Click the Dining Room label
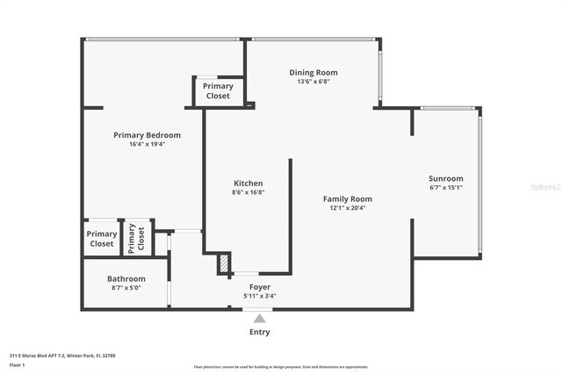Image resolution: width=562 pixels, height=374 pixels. (x=313, y=73)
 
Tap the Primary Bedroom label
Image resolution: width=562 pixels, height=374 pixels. (x=147, y=135)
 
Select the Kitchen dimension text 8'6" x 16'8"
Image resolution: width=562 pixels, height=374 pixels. (x=248, y=192)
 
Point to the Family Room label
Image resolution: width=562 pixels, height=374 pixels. (x=348, y=199)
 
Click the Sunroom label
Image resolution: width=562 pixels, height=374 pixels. (x=445, y=178)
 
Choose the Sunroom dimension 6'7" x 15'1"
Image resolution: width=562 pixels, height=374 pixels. (x=445, y=187)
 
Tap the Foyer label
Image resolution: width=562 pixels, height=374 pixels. (x=259, y=287)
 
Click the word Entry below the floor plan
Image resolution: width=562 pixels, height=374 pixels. (x=259, y=332)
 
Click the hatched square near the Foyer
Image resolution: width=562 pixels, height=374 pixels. (x=225, y=263)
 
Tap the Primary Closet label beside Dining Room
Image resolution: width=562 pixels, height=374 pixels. (x=218, y=90)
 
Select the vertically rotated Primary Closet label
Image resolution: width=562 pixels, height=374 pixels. (x=136, y=239)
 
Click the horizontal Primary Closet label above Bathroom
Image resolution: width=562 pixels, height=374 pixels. (x=102, y=239)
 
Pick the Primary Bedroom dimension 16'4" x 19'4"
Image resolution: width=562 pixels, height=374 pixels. (x=147, y=144)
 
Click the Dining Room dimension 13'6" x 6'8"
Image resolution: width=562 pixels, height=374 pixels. (x=313, y=82)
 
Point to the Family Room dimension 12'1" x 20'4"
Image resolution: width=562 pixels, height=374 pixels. (x=348, y=208)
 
